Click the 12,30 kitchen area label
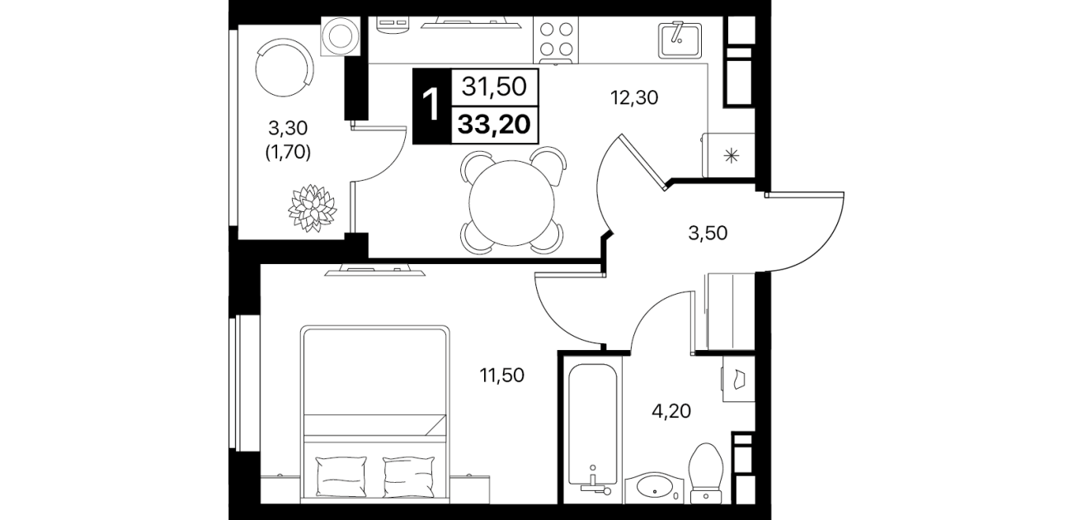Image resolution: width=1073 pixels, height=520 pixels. tap(633, 97)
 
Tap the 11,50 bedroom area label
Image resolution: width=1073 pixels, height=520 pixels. tap(501, 376)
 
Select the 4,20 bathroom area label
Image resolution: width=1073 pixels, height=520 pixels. tap(671, 411)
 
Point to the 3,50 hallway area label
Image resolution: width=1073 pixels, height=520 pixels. tap(708, 233)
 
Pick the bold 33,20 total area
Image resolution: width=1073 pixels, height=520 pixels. tap(494, 125)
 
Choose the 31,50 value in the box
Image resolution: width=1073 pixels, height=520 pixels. tap(494, 87)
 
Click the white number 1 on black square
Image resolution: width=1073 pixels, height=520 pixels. tap(431, 106)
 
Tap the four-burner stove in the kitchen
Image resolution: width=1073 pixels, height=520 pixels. tap(556, 40)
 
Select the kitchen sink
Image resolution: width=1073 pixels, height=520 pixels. tap(680, 40)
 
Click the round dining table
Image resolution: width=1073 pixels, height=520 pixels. tap(511, 203)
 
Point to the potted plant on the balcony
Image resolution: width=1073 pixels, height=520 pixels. tap(313, 207)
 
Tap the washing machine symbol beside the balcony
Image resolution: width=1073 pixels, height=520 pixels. tap(341, 37)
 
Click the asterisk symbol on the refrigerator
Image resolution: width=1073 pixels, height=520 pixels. tap(731, 156)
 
